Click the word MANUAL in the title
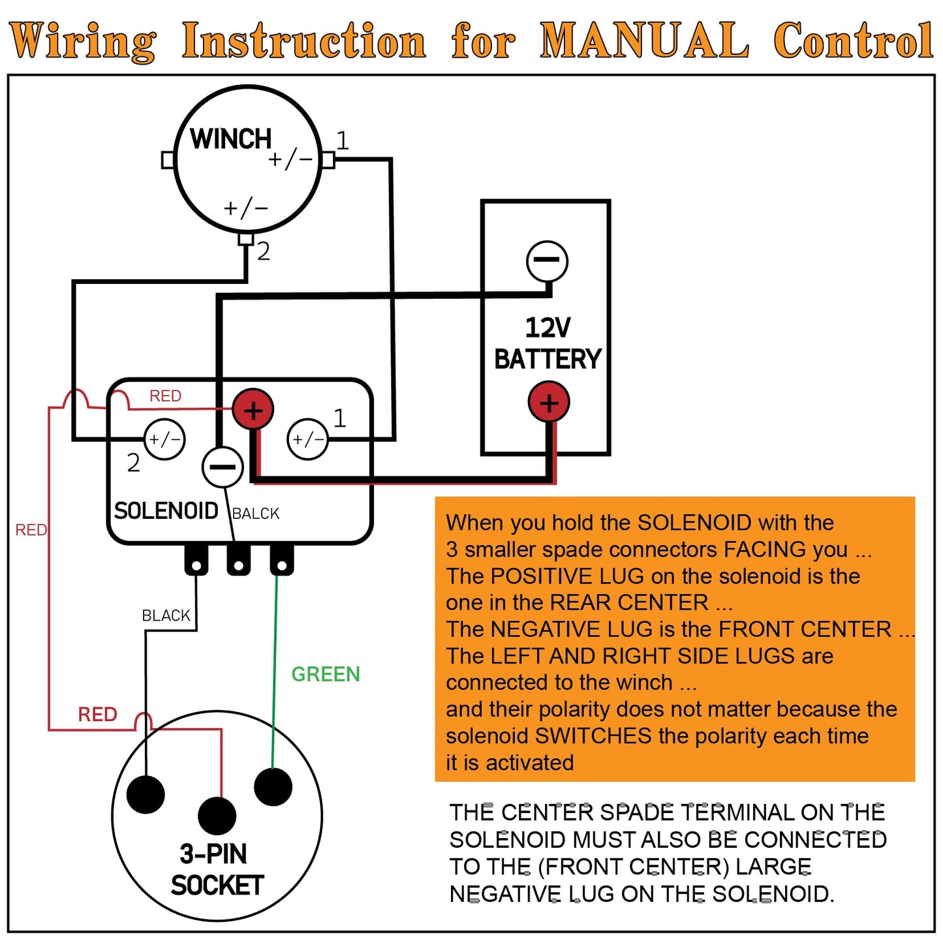pos(643,40)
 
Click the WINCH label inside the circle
pos(230,139)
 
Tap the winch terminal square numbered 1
pos(328,160)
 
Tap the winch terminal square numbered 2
pos(245,239)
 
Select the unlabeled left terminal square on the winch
pos(168,160)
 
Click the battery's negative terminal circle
pos(547,261)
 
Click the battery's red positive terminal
pos(548,403)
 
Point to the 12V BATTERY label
pos(547,343)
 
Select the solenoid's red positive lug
pos(253,410)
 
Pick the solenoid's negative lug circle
pos(223,467)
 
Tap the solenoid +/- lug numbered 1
pos(307,439)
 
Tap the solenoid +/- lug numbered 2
pos(164,439)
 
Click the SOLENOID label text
pos(166,511)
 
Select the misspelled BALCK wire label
pos(256,514)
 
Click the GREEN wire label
pos(325,674)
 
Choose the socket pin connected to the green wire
pos(273,786)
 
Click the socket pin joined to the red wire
pos(217,815)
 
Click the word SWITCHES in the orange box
pos(593,736)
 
